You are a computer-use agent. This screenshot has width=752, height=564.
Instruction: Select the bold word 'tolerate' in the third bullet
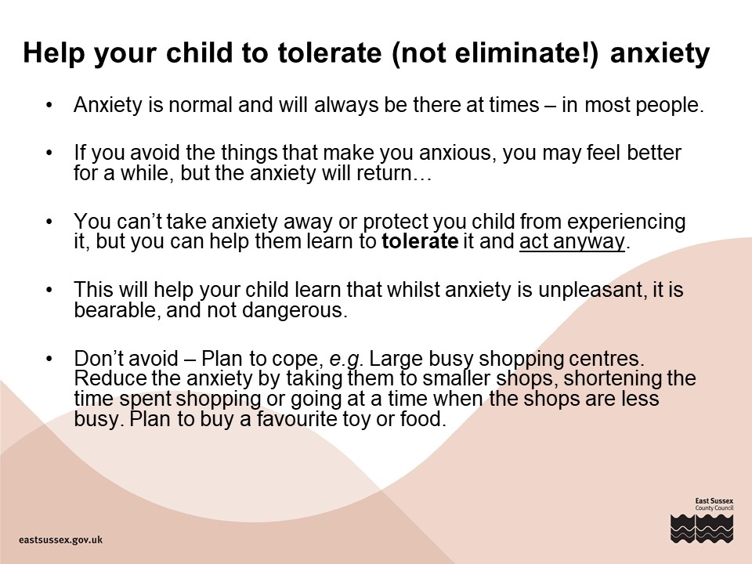(x=420, y=240)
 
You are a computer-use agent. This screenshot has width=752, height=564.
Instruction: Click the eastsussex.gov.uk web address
(x=60, y=540)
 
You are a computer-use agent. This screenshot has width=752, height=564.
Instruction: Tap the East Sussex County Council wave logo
(x=702, y=529)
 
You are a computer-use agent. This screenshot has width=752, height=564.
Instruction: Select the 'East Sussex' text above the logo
(x=714, y=501)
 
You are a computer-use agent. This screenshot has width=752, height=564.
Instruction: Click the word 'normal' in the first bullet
(x=201, y=105)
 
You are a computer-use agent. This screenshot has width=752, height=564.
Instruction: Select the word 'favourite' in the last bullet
(x=297, y=419)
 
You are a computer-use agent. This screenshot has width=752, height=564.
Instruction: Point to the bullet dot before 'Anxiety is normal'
(x=49, y=105)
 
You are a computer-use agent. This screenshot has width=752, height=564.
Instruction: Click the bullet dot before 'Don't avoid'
(x=49, y=359)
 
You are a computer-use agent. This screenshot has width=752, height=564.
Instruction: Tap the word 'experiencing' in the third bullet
(x=627, y=222)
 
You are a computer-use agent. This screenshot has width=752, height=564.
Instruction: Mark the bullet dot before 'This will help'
(x=49, y=290)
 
